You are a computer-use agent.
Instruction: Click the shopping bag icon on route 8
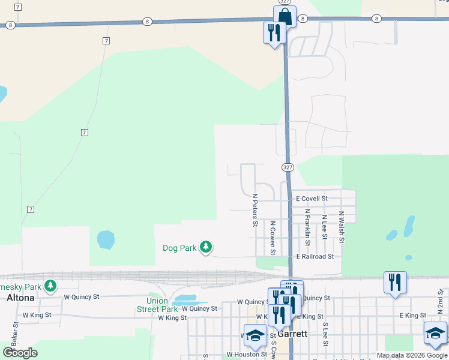pos(285,16)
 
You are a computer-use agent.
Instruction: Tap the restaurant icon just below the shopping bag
pos(274,32)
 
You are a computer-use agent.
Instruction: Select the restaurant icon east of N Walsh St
pos(395,282)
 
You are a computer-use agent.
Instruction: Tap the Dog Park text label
pos(179,248)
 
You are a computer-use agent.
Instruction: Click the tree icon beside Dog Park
pos(206,247)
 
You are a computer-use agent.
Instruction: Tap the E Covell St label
pos(312,199)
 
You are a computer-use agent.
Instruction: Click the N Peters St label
pos(255,210)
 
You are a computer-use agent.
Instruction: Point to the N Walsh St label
pos(341,227)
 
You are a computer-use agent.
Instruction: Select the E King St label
pos(413,316)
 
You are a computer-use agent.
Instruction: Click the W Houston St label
pos(247,355)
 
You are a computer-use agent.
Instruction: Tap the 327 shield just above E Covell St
pos(288,167)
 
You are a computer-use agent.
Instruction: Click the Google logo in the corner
pos(20,353)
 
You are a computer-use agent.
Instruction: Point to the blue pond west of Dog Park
pos(106,240)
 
